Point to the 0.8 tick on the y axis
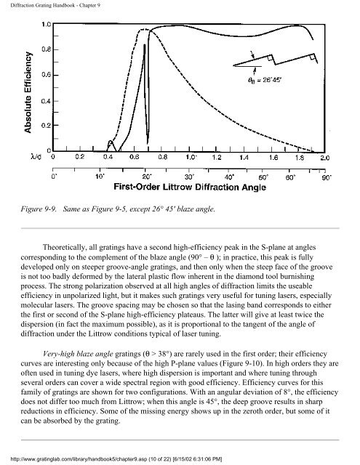point(45,49)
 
